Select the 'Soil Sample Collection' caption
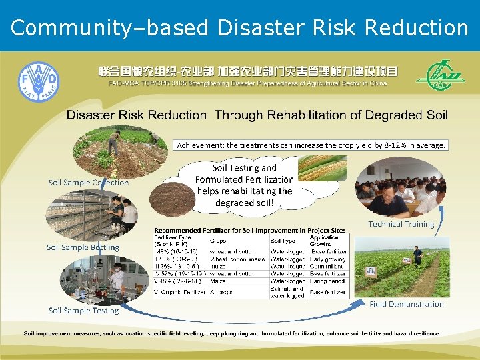(89, 182)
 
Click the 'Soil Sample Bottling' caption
(83, 247)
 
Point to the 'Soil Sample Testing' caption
(83, 310)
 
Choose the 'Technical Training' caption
(401, 224)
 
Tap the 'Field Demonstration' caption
(406, 304)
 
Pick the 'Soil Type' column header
(284, 241)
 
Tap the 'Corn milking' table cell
(326, 266)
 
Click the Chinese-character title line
(248, 71)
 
